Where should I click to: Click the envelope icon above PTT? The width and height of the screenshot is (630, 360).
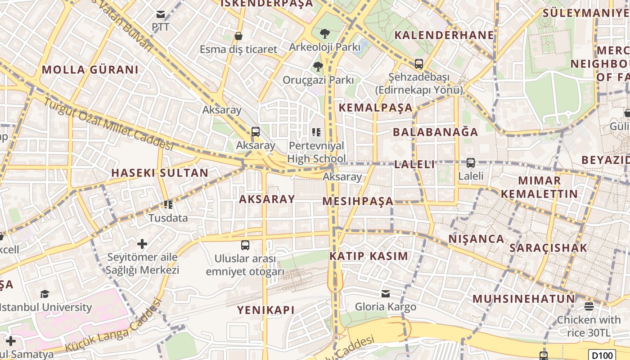[x=161, y=14]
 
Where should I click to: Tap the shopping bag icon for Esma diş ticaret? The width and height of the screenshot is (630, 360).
[x=238, y=36]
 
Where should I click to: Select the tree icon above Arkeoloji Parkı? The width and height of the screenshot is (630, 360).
[x=324, y=33]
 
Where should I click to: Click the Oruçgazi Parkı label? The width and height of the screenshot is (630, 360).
[x=318, y=80]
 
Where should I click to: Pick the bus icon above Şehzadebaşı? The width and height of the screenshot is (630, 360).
[x=419, y=64]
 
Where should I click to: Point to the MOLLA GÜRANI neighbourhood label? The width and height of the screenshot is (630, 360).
[x=90, y=70]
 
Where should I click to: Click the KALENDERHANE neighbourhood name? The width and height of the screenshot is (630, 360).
[x=444, y=35]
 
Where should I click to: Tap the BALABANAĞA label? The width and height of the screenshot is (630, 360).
[x=436, y=132]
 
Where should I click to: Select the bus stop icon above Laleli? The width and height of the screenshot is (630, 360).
[x=471, y=162]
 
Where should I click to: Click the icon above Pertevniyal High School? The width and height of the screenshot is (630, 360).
[x=316, y=132]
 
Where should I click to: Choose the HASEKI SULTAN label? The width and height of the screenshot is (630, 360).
[x=160, y=173]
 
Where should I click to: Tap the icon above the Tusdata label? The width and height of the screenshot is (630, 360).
[x=168, y=205]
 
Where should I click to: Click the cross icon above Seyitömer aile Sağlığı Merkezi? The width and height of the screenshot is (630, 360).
[x=142, y=244]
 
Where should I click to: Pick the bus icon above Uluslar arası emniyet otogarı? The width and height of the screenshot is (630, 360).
[x=245, y=245]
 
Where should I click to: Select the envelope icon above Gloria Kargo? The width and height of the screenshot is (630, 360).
[x=386, y=294]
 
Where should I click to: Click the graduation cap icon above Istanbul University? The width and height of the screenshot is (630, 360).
[x=45, y=294]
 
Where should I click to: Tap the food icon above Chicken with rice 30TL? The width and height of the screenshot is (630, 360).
[x=589, y=306]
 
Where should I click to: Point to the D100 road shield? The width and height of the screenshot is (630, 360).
[x=602, y=355]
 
